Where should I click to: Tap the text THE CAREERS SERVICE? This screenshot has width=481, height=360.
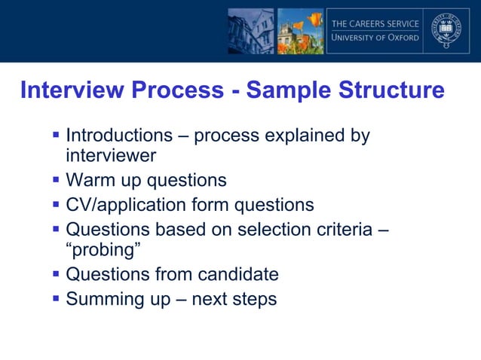pyautogui.click(x=375, y=23)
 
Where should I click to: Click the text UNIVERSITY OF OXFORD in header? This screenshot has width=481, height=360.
pyautogui.click(x=375, y=38)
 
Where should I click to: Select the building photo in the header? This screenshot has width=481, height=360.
pyautogui.click(x=250, y=31)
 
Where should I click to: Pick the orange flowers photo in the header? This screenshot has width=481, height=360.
pyautogui.click(x=300, y=31)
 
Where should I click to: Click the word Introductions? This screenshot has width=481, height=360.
pyautogui.click(x=119, y=136)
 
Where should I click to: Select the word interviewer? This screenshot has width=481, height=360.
pyautogui.click(x=111, y=156)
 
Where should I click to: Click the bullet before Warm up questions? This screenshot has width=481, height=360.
pyautogui.click(x=57, y=180)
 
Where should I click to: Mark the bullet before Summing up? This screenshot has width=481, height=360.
pyautogui.click(x=57, y=298)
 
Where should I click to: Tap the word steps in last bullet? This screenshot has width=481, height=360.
pyautogui.click(x=253, y=300)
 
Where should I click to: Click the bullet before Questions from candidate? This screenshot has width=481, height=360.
pyautogui.click(x=57, y=273)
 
